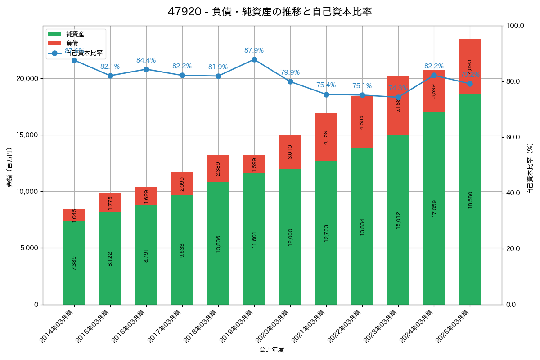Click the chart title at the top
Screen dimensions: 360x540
coord(270,12)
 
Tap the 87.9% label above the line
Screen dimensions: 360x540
coord(254,50)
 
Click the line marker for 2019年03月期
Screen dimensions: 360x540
coord(254,59)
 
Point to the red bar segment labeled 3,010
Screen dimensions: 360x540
coord(290,152)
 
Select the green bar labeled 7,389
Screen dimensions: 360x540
coord(74,263)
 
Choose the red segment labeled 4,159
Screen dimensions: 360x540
coord(326,137)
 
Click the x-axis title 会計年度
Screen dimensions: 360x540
coord(272,349)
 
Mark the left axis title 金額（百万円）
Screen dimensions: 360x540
coord(9,167)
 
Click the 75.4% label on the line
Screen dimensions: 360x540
coord(326,85)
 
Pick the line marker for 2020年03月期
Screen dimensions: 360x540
coord(290,81)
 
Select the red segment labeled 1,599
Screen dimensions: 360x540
coord(254,164)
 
